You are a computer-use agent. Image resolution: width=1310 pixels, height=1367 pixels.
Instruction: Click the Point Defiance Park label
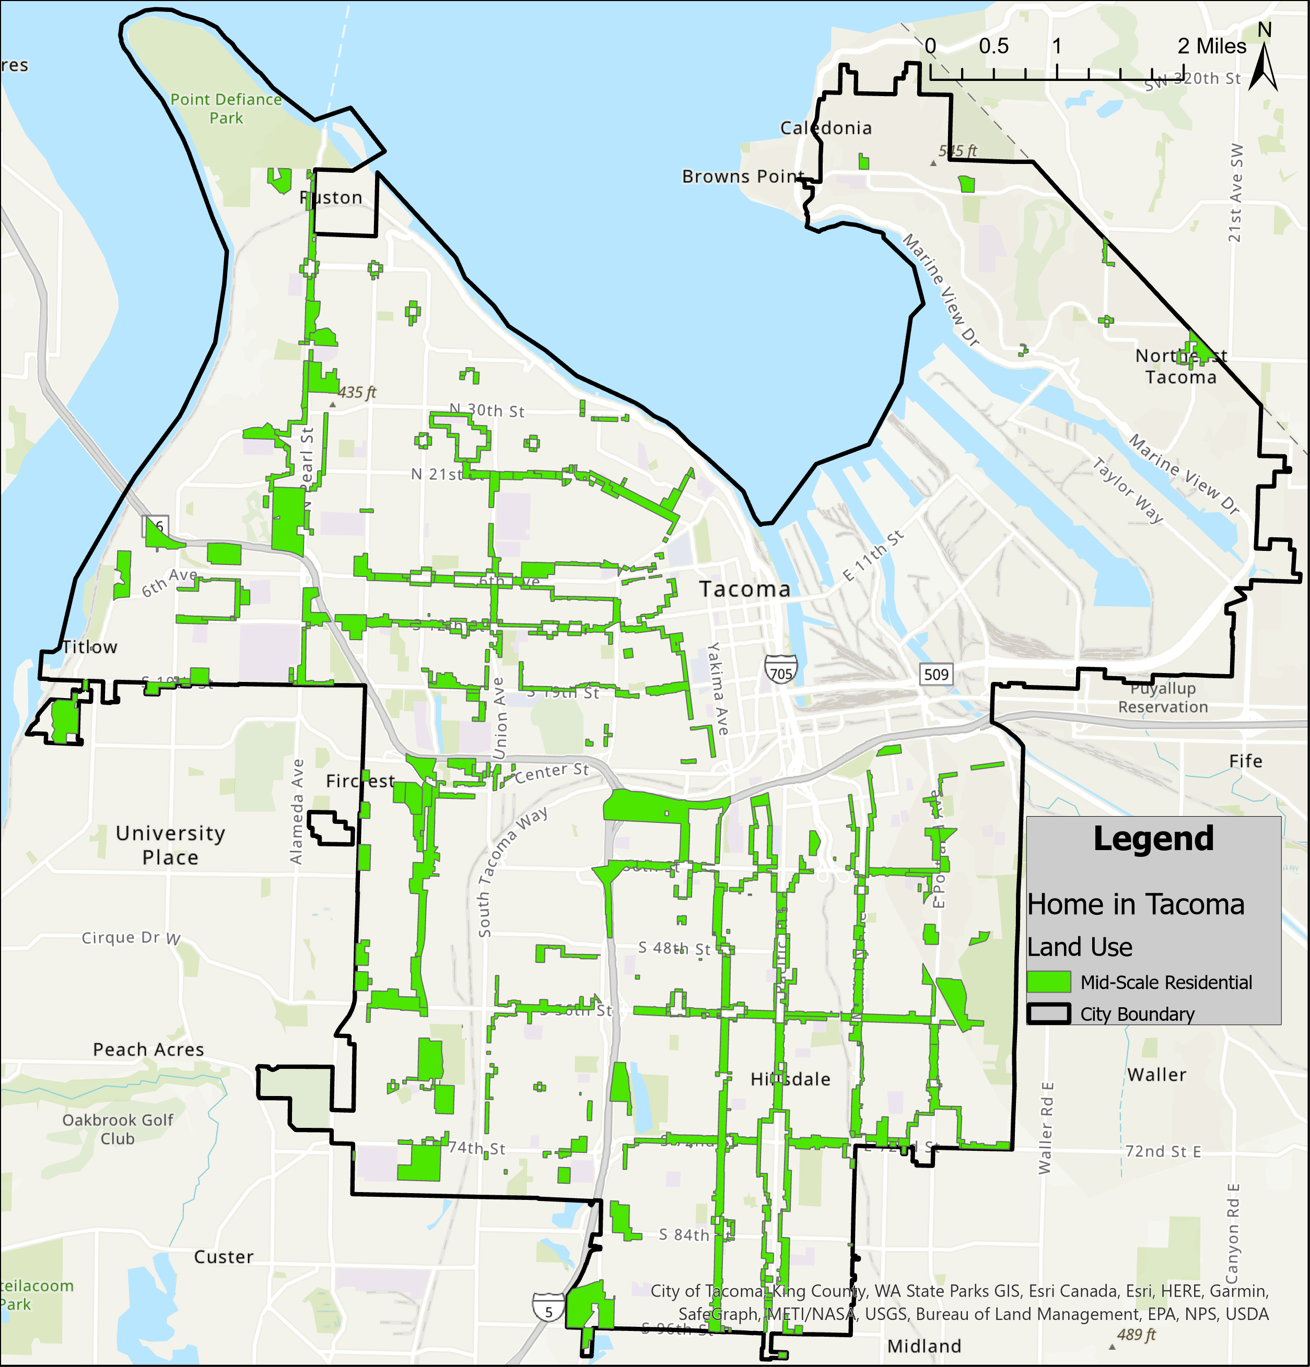[x=226, y=109]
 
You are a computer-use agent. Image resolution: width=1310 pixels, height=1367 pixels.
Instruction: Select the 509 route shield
[x=936, y=674]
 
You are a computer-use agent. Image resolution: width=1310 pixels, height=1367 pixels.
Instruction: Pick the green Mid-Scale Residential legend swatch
[x=1048, y=982]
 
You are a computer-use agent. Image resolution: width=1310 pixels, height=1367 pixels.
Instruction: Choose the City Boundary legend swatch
[x=1048, y=1014]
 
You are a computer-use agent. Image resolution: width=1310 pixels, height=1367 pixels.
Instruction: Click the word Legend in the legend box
[x=1153, y=839]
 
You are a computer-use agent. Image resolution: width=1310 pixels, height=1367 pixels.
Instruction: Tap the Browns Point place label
[x=743, y=176]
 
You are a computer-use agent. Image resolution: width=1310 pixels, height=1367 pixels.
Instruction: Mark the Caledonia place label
[x=826, y=127]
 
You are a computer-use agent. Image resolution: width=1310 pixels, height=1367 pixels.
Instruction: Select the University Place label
[x=171, y=845]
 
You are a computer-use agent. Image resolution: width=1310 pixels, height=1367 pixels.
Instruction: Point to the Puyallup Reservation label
[x=1163, y=698]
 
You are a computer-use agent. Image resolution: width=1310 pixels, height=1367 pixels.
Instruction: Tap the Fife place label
[x=1246, y=761]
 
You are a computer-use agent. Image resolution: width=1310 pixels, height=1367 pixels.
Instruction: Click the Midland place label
[x=924, y=1346]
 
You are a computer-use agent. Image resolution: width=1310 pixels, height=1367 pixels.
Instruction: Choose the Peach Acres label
[x=148, y=1049]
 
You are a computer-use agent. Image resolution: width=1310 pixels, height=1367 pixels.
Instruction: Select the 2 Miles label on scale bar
[x=1212, y=46]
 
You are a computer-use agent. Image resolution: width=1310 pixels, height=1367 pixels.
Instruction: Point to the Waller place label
[x=1156, y=1075]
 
